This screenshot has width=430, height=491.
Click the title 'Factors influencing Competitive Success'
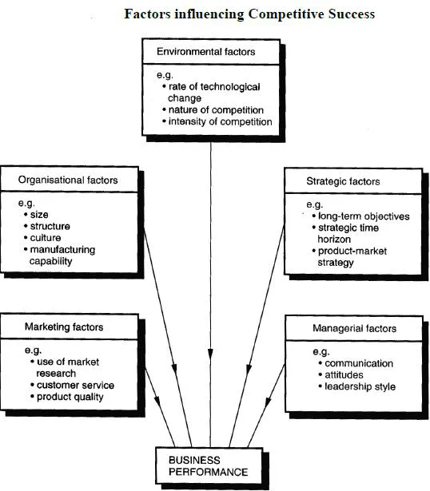pyautogui.click(x=249, y=14)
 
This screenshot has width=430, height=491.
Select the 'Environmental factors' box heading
pyautogui.click(x=206, y=51)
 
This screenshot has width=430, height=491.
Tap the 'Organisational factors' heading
pyautogui.click(x=68, y=180)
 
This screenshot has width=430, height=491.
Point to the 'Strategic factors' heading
pyautogui.click(x=343, y=181)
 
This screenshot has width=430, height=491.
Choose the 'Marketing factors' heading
pyautogui.click(x=64, y=327)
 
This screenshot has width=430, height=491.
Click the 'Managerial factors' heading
pyautogui.click(x=354, y=328)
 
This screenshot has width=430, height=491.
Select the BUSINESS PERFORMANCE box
pyautogui.click(x=209, y=466)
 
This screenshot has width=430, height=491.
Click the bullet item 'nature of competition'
pyautogui.click(x=213, y=110)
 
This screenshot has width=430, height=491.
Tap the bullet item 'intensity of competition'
pyautogui.click(x=217, y=121)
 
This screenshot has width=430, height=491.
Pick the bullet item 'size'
pyautogui.click(x=36, y=215)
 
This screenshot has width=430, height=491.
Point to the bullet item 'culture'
pyautogui.click(x=42, y=238)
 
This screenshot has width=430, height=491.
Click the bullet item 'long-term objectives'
pyautogui.click(x=360, y=216)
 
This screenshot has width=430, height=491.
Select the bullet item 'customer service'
pyautogui.click(x=73, y=385)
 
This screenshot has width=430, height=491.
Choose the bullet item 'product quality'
pyautogui.click(x=67, y=397)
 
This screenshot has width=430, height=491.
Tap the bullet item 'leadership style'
pyautogui.click(x=357, y=386)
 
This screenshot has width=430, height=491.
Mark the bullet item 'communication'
pyautogui.click(x=356, y=363)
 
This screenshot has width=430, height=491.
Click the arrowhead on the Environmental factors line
pyautogui.click(x=211, y=354)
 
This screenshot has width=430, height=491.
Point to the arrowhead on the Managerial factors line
pyautogui.click(x=267, y=402)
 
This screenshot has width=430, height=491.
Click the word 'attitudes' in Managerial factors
pyautogui.click(x=344, y=374)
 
